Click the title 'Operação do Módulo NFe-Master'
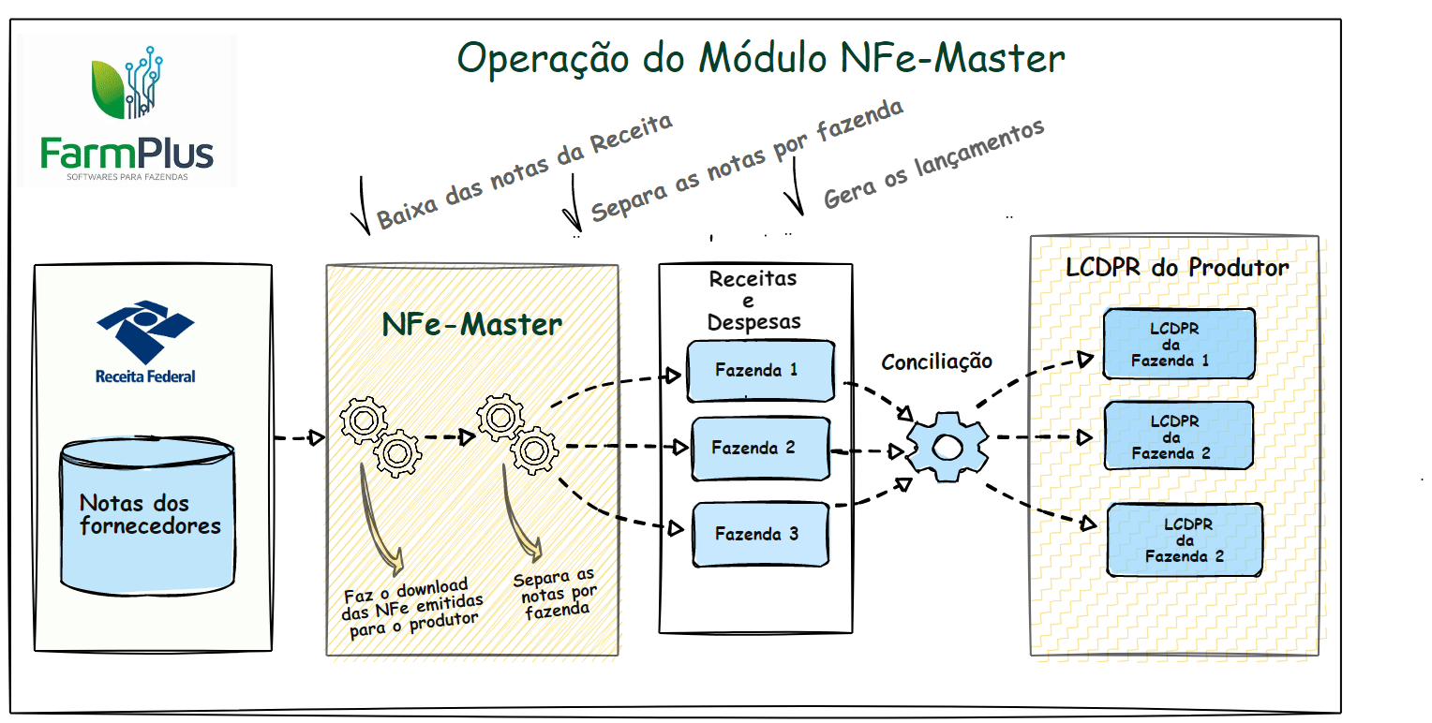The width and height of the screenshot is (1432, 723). click(760, 59)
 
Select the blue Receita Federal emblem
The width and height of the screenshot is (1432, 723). click(145, 332)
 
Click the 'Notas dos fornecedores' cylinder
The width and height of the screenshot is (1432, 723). click(147, 514)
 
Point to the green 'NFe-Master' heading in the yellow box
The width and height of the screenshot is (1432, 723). click(471, 324)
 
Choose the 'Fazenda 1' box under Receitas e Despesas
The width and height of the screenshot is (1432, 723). click(758, 370)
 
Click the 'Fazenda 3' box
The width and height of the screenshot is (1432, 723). click(759, 535)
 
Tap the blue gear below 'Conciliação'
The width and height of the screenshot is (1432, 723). click(946, 447)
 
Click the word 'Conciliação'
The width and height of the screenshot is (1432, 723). click(937, 361)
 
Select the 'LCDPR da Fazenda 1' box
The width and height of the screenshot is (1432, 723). click(1178, 344)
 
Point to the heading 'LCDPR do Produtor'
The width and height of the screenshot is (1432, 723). click(1177, 268)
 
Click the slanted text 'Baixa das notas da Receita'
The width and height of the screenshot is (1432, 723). click(525, 172)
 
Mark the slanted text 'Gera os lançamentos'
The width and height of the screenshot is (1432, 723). click(933, 164)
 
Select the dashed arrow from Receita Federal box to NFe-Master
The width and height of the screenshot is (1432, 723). click(299, 437)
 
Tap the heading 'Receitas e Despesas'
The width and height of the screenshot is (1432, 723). click(754, 300)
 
